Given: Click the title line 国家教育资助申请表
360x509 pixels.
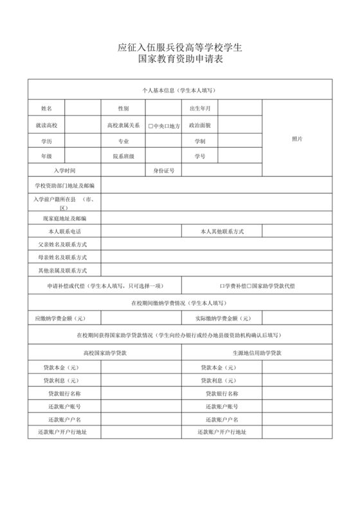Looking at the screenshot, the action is point(180,60).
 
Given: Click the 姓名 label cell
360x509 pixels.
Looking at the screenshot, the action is point(46,109).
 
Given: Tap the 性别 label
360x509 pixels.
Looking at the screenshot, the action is point(123,109).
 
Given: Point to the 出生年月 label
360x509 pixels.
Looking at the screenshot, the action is point(200,109).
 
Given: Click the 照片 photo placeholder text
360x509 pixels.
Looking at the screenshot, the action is point(297,139).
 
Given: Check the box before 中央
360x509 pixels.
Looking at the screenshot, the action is point(150,125).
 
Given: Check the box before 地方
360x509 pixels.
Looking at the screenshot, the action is point(166,125).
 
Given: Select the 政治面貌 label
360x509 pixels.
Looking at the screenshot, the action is point(200,125).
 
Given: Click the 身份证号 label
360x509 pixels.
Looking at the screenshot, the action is point(164,171).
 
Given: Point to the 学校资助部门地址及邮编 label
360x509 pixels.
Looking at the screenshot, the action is point(64,186).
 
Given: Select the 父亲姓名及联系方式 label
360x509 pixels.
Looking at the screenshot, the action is point(63,245).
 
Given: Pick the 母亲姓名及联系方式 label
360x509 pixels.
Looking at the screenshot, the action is point(63,258).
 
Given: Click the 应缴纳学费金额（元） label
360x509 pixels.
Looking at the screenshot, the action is point(61,318).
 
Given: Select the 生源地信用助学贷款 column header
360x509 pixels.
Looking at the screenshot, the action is point(257,353).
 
